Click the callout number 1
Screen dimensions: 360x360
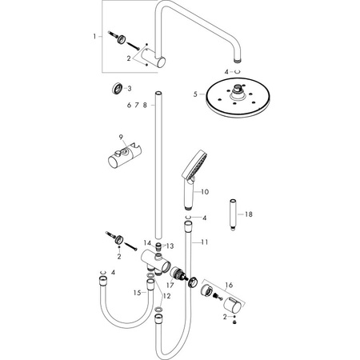click(x=94, y=36)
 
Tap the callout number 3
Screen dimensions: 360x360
click(x=130, y=89)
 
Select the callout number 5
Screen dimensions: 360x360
click(x=195, y=94)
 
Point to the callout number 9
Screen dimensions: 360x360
click(x=121, y=137)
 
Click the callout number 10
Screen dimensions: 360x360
click(x=205, y=192)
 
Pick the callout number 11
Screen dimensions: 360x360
click(x=205, y=242)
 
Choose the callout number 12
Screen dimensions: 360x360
click(x=167, y=296)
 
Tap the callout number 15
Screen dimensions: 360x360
click(x=137, y=293)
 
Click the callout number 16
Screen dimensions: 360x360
click(x=229, y=286)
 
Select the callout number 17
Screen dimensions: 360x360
click(x=170, y=286)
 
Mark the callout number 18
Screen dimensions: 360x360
click(x=249, y=214)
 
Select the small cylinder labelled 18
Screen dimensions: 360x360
click(x=234, y=214)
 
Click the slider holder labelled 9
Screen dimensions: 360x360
click(x=125, y=155)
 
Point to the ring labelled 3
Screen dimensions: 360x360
click(x=118, y=89)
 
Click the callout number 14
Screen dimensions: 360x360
click(x=147, y=242)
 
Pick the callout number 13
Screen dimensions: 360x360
click(x=170, y=246)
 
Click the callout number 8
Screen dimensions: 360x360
click(x=145, y=106)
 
